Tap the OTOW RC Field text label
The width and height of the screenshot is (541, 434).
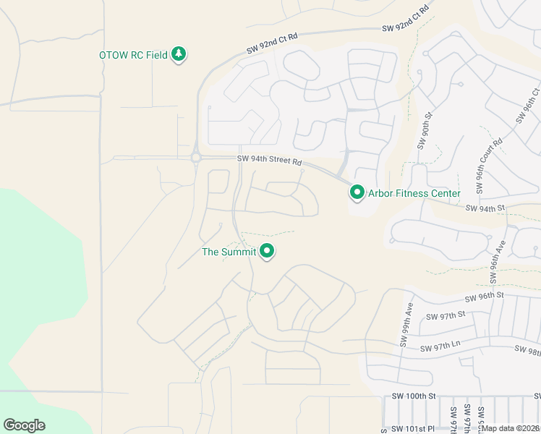click(x=133, y=55)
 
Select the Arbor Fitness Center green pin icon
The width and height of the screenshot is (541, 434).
click(x=357, y=193)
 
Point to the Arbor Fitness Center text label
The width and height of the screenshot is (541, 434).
click(x=414, y=193)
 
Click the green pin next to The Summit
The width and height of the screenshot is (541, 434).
click(x=268, y=252)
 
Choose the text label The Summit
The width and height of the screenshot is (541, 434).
click(x=229, y=252)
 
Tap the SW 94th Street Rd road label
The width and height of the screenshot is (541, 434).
click(x=269, y=161)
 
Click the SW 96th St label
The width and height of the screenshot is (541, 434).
click(x=484, y=297)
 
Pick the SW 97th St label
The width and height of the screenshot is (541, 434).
click(x=445, y=317)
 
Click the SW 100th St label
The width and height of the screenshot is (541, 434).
click(x=414, y=396)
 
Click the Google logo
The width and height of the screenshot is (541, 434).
click(x=24, y=425)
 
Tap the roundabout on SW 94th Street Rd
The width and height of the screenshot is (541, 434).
click(x=195, y=157)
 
